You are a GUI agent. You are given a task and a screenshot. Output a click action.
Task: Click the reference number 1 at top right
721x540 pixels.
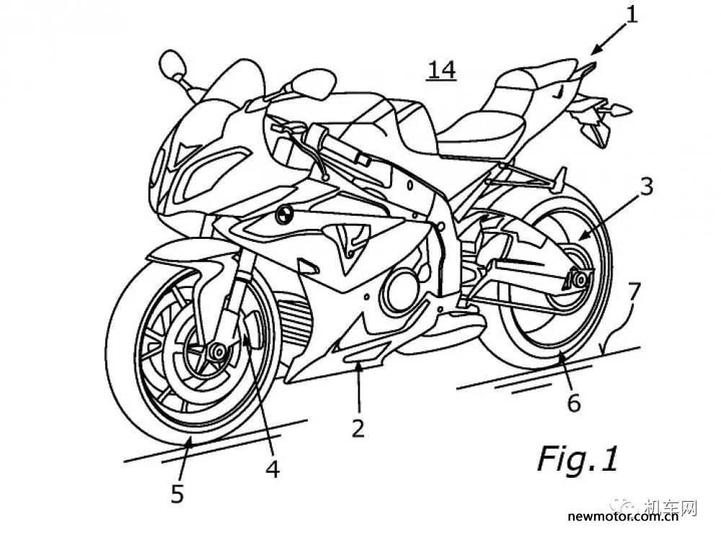coord(632,14)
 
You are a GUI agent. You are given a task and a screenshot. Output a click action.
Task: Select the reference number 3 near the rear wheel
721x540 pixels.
coord(646,188)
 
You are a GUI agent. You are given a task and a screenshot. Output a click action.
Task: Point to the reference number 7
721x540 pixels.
coord(634,292)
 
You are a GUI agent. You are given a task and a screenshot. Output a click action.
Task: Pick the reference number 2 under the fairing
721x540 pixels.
coord(358,427)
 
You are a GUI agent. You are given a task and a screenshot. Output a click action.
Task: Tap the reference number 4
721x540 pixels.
coord(273,468)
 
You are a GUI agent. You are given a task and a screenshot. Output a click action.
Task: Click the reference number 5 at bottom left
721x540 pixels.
coord(177,494)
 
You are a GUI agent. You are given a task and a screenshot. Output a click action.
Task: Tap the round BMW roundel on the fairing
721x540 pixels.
coord(283,214)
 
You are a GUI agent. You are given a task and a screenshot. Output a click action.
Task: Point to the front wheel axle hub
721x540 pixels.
coord(216,352)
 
